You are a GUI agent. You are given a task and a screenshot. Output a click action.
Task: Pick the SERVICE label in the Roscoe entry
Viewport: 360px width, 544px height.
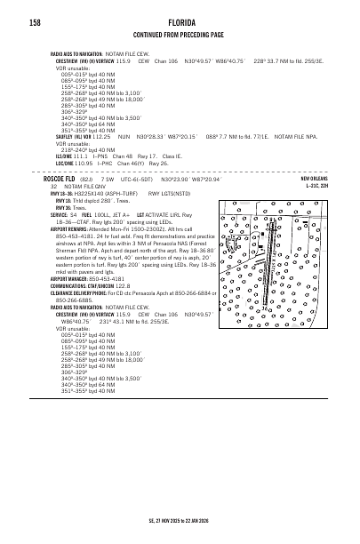(x=60, y=214)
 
